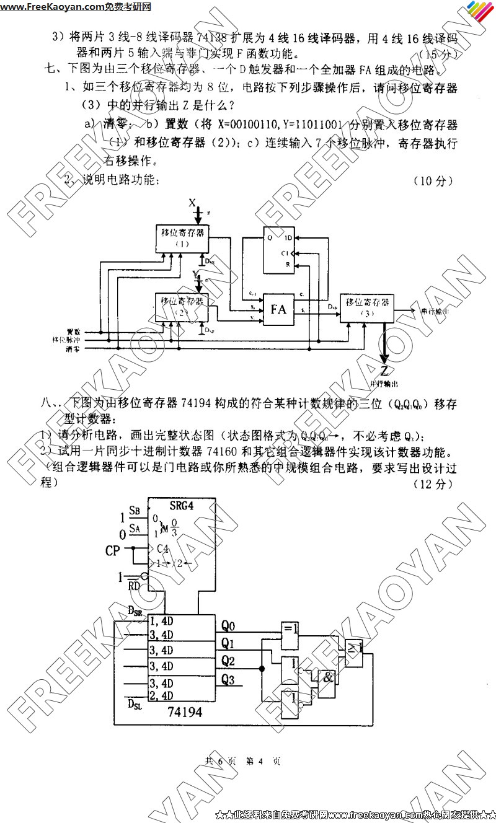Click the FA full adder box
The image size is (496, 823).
[x=278, y=309]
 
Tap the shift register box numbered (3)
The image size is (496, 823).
[x=366, y=308]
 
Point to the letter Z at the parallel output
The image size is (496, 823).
[x=385, y=371]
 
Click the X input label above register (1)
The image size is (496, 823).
[x=192, y=203]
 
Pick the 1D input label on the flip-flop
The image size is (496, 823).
[x=288, y=238]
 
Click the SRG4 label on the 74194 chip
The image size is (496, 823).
[x=182, y=505]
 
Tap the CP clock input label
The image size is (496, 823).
[x=113, y=550]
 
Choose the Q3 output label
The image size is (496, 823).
[x=228, y=680]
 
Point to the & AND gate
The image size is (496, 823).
[x=328, y=677]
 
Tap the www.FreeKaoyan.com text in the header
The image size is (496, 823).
[x=52, y=7]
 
